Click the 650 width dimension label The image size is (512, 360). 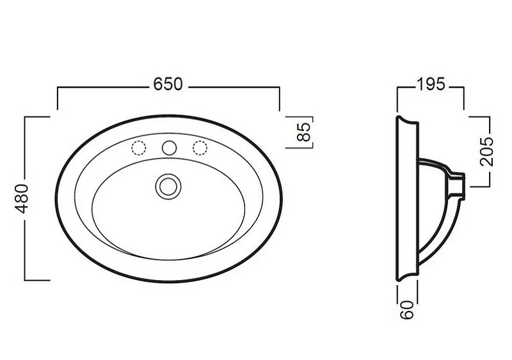click(x=168, y=84)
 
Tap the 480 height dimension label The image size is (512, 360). click(x=22, y=198)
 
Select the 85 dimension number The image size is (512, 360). click(x=304, y=132)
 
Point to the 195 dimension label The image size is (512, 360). click(x=430, y=84)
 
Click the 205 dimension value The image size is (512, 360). click(x=486, y=152)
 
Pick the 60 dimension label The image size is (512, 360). click(x=407, y=309)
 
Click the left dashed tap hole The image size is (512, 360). click(x=138, y=148)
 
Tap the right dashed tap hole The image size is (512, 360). click(x=200, y=148)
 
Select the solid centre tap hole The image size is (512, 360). click(x=169, y=148)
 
